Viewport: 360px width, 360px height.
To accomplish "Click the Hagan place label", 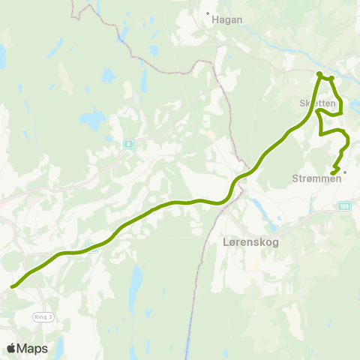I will pos(228,21).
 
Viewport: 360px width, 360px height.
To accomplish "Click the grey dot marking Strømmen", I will pos(344,172).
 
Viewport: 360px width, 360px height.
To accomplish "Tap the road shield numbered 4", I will pos(128,143).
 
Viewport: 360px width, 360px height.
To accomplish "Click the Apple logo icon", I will pos(12,348).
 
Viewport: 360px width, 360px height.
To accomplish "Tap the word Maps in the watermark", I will pos(33,349).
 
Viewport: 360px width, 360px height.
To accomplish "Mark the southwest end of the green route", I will pos(13,286).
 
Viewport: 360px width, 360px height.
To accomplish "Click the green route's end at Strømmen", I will pos(332,175).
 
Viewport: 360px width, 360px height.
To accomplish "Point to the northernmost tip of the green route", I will pos(319,73).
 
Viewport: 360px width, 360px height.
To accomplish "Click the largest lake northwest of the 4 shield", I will pos(93,118).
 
